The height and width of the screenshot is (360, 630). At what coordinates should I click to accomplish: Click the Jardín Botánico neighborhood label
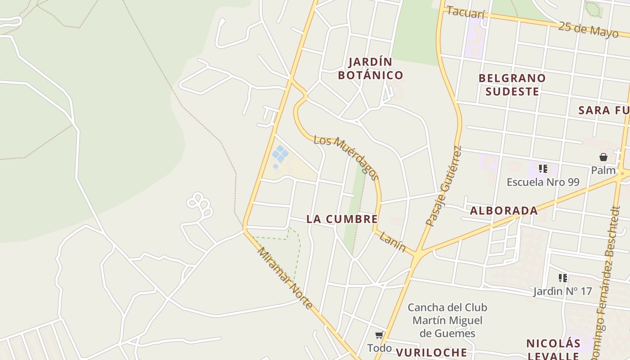coord(370,68)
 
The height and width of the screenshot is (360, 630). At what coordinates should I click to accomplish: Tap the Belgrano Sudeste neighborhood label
coord(512,85)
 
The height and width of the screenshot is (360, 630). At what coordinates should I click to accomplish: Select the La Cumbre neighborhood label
coord(342,219)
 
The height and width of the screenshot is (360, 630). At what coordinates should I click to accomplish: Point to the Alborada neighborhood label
coord(504,211)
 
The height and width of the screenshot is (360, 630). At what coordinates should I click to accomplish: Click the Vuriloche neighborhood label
coord(431,352)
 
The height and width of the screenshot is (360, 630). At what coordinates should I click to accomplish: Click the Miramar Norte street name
coord(284,278)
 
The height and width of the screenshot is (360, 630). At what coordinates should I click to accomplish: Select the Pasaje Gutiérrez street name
coord(444,186)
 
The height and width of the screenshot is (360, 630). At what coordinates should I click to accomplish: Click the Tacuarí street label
coord(466,13)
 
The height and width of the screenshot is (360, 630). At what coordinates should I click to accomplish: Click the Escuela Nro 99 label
coord(543,182)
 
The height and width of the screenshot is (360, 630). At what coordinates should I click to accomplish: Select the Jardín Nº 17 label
coord(562,291)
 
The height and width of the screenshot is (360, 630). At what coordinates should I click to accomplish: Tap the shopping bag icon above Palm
coord(603,157)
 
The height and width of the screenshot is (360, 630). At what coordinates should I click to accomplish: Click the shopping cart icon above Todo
coord(379,335)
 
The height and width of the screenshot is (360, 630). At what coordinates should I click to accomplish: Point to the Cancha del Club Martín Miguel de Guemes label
coord(447,320)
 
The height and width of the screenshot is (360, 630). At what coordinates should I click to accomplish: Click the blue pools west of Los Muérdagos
coord(280,154)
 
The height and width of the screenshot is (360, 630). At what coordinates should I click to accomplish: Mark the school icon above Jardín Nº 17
coord(562,278)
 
